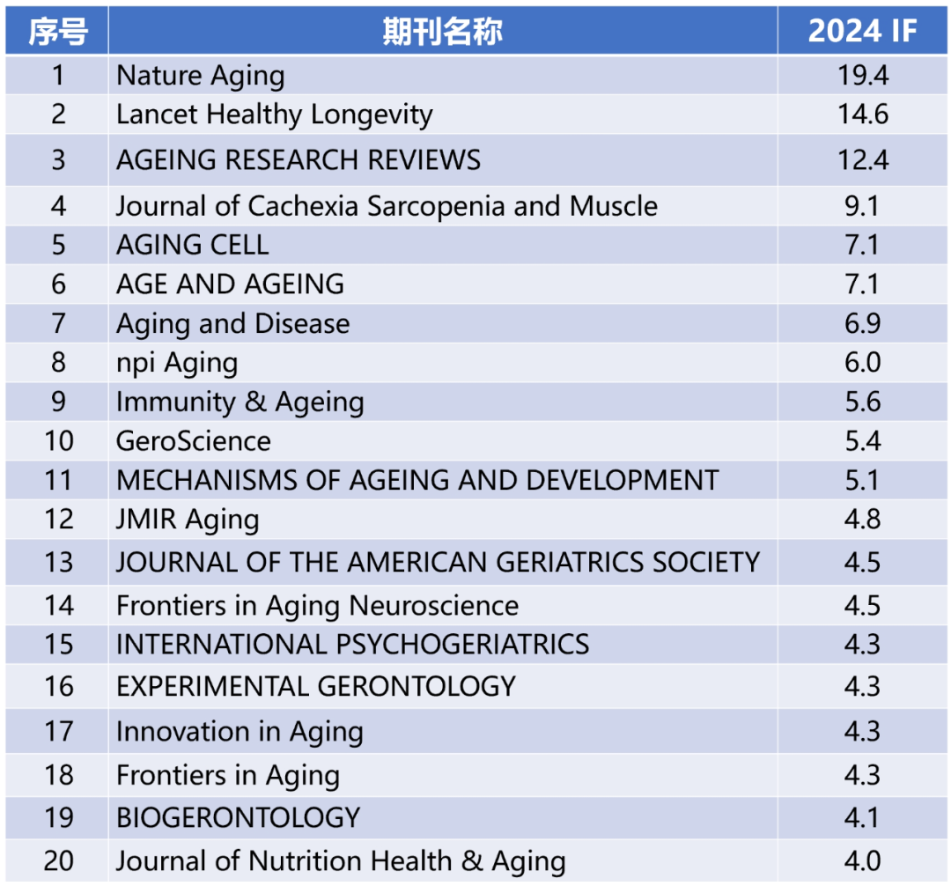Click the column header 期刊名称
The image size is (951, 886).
click(x=442, y=32)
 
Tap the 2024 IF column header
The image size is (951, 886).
click(x=862, y=32)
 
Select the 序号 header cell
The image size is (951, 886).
click(x=58, y=32)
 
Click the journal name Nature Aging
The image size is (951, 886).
click(x=200, y=76)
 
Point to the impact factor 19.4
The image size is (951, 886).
click(x=862, y=76)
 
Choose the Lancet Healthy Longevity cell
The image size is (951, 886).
click(x=274, y=114)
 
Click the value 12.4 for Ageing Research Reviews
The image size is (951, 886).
click(x=862, y=160)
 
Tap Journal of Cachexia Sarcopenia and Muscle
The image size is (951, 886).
click(x=387, y=206)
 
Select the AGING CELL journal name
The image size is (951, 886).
click(x=192, y=245)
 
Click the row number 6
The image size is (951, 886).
click(x=58, y=284)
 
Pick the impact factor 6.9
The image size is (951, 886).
click(x=862, y=323)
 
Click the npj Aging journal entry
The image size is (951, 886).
click(x=177, y=363)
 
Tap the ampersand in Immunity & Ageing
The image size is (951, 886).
click(x=255, y=402)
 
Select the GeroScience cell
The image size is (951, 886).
click(x=194, y=440)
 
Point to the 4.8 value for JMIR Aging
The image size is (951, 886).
click(x=862, y=519)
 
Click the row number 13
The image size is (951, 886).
click(x=58, y=562)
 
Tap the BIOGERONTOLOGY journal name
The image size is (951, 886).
click(x=238, y=817)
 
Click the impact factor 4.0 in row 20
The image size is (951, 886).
click(x=862, y=860)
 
